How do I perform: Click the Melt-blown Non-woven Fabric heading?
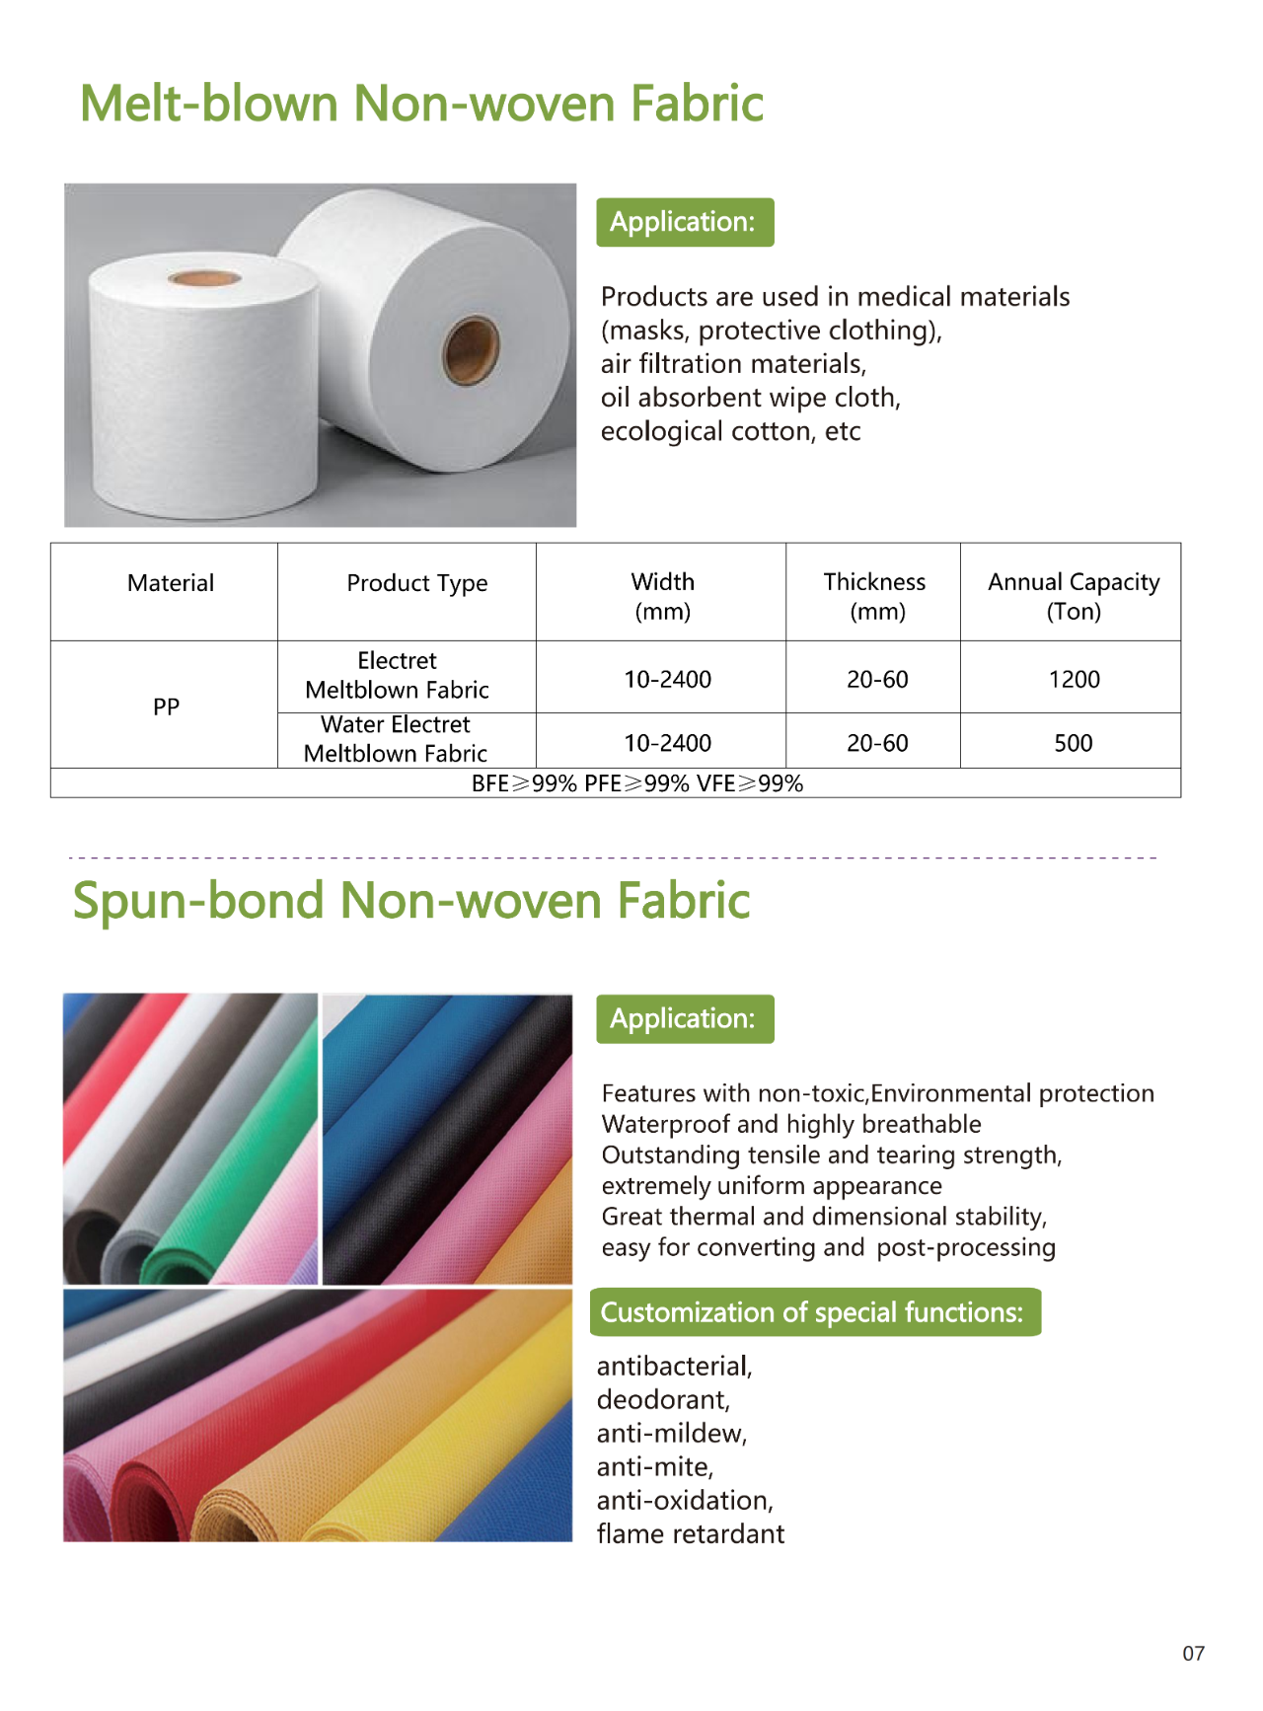click(421, 104)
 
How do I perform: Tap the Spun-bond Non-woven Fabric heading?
click(411, 901)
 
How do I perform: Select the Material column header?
click(170, 583)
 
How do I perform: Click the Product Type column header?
click(416, 583)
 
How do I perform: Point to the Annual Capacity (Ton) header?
click(1073, 596)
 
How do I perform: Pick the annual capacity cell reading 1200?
click(1074, 679)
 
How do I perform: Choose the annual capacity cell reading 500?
click(1073, 743)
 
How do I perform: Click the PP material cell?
click(166, 707)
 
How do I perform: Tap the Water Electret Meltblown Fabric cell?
click(396, 739)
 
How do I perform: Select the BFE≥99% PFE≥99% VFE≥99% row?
click(636, 783)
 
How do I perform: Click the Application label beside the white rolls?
click(684, 222)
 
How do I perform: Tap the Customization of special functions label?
click(814, 1312)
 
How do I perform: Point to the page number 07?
click(1193, 1654)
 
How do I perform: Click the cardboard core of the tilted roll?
click(471, 350)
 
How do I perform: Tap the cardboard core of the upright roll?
click(204, 278)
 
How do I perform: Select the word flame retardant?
click(690, 1533)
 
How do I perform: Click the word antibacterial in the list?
click(674, 1366)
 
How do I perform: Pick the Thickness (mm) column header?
click(874, 596)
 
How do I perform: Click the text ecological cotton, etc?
click(730, 431)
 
